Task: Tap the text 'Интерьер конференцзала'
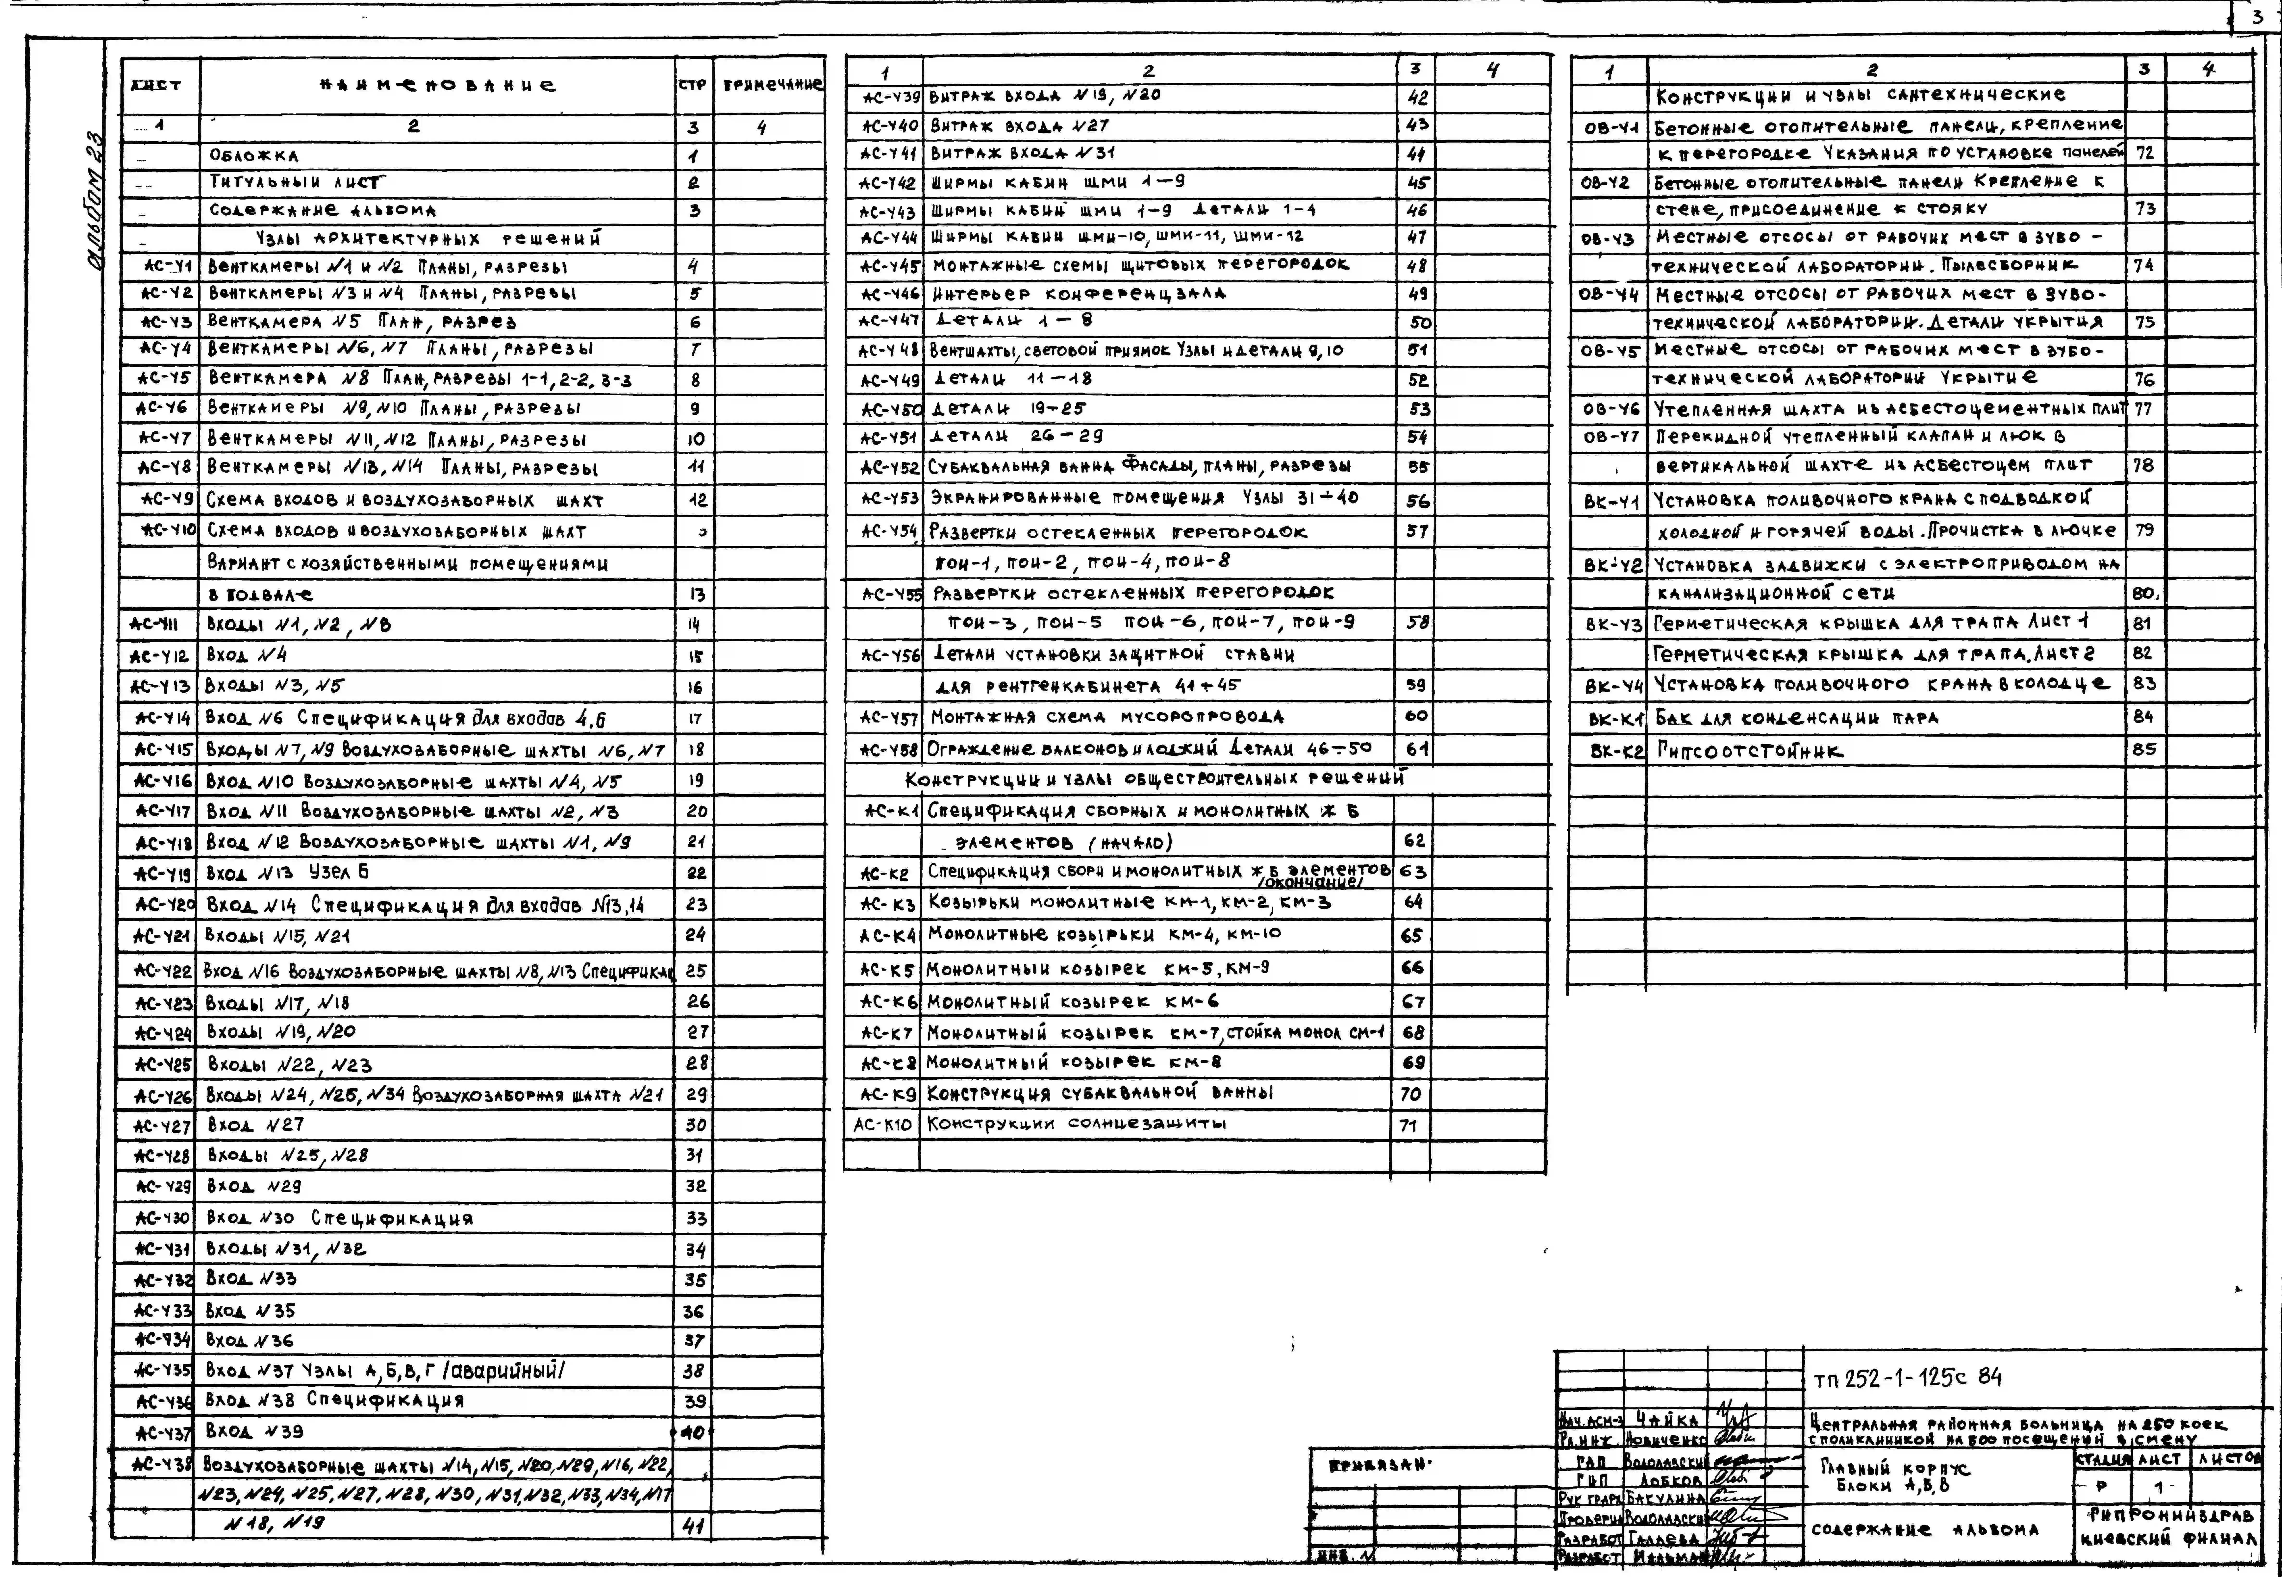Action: (x=1078, y=294)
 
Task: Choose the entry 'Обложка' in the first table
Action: (x=254, y=155)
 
